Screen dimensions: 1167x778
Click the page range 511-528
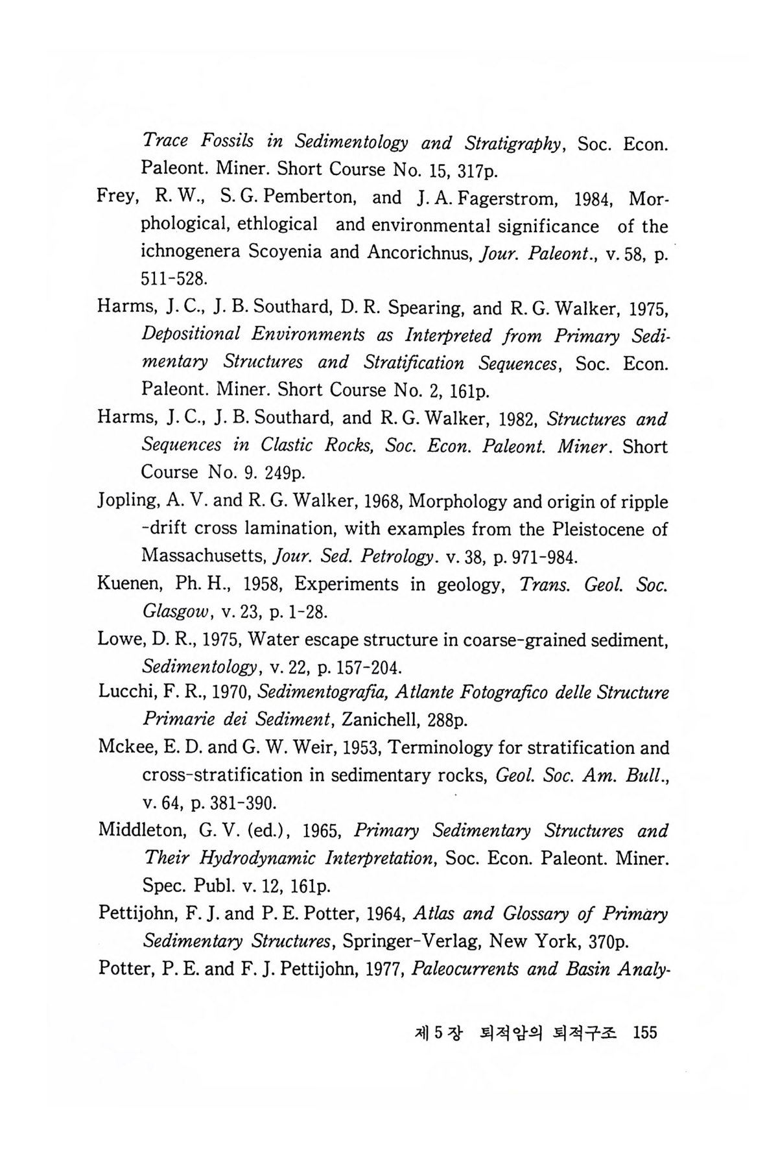173,280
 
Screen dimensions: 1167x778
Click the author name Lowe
119,639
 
